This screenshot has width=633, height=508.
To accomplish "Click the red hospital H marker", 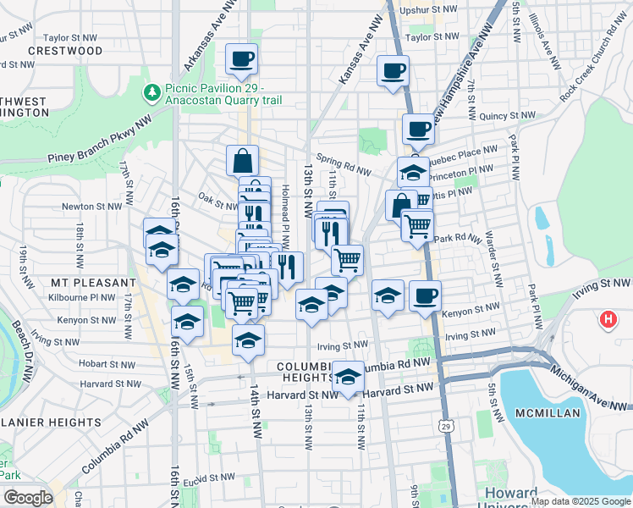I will (608, 320).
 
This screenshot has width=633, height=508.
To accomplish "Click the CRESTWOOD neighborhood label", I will (65, 51).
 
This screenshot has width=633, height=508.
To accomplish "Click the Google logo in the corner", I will (27, 498).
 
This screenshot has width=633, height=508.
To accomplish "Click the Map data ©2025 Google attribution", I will (580, 500).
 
